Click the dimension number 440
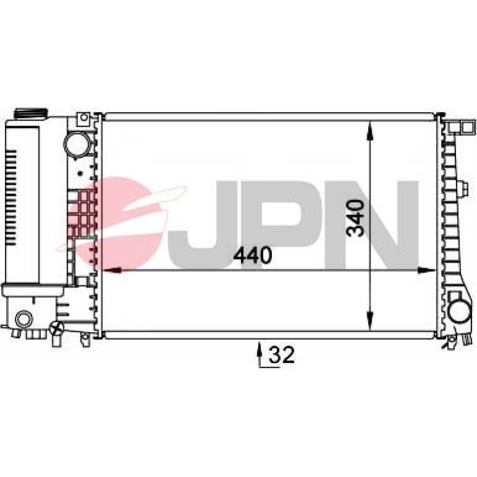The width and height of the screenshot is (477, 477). pyautogui.click(x=252, y=255)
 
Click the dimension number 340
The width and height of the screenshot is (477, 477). pyautogui.click(x=356, y=218)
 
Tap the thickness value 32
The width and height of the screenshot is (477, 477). pyautogui.click(x=282, y=354)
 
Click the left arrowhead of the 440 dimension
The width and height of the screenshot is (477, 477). pyautogui.click(x=113, y=270)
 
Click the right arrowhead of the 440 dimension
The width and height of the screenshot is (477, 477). pyautogui.click(x=426, y=270)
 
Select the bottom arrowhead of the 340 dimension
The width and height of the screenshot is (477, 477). pyautogui.click(x=370, y=321)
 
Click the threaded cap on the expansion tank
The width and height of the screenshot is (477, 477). pyautogui.click(x=31, y=113)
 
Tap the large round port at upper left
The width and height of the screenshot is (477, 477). pyautogui.click(x=77, y=144)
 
